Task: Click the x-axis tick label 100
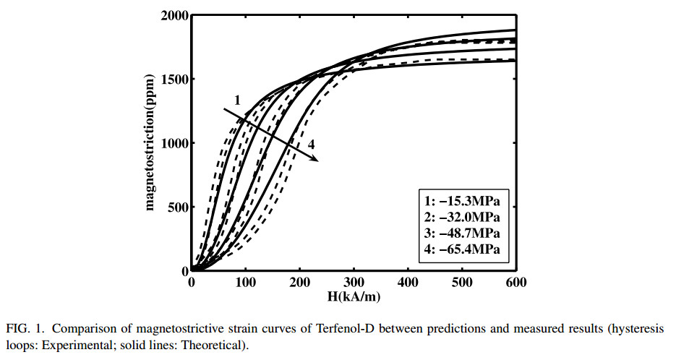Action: [x=246, y=282]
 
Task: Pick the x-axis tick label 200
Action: [x=300, y=282]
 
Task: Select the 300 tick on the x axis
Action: [x=354, y=282]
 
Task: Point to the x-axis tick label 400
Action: [x=408, y=282]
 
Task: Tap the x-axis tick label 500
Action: [x=462, y=282]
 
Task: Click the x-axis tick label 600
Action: [x=515, y=282]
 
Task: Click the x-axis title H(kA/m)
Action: [x=353, y=296]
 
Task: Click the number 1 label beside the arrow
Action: [x=236, y=99]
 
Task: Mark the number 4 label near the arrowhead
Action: [x=312, y=145]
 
